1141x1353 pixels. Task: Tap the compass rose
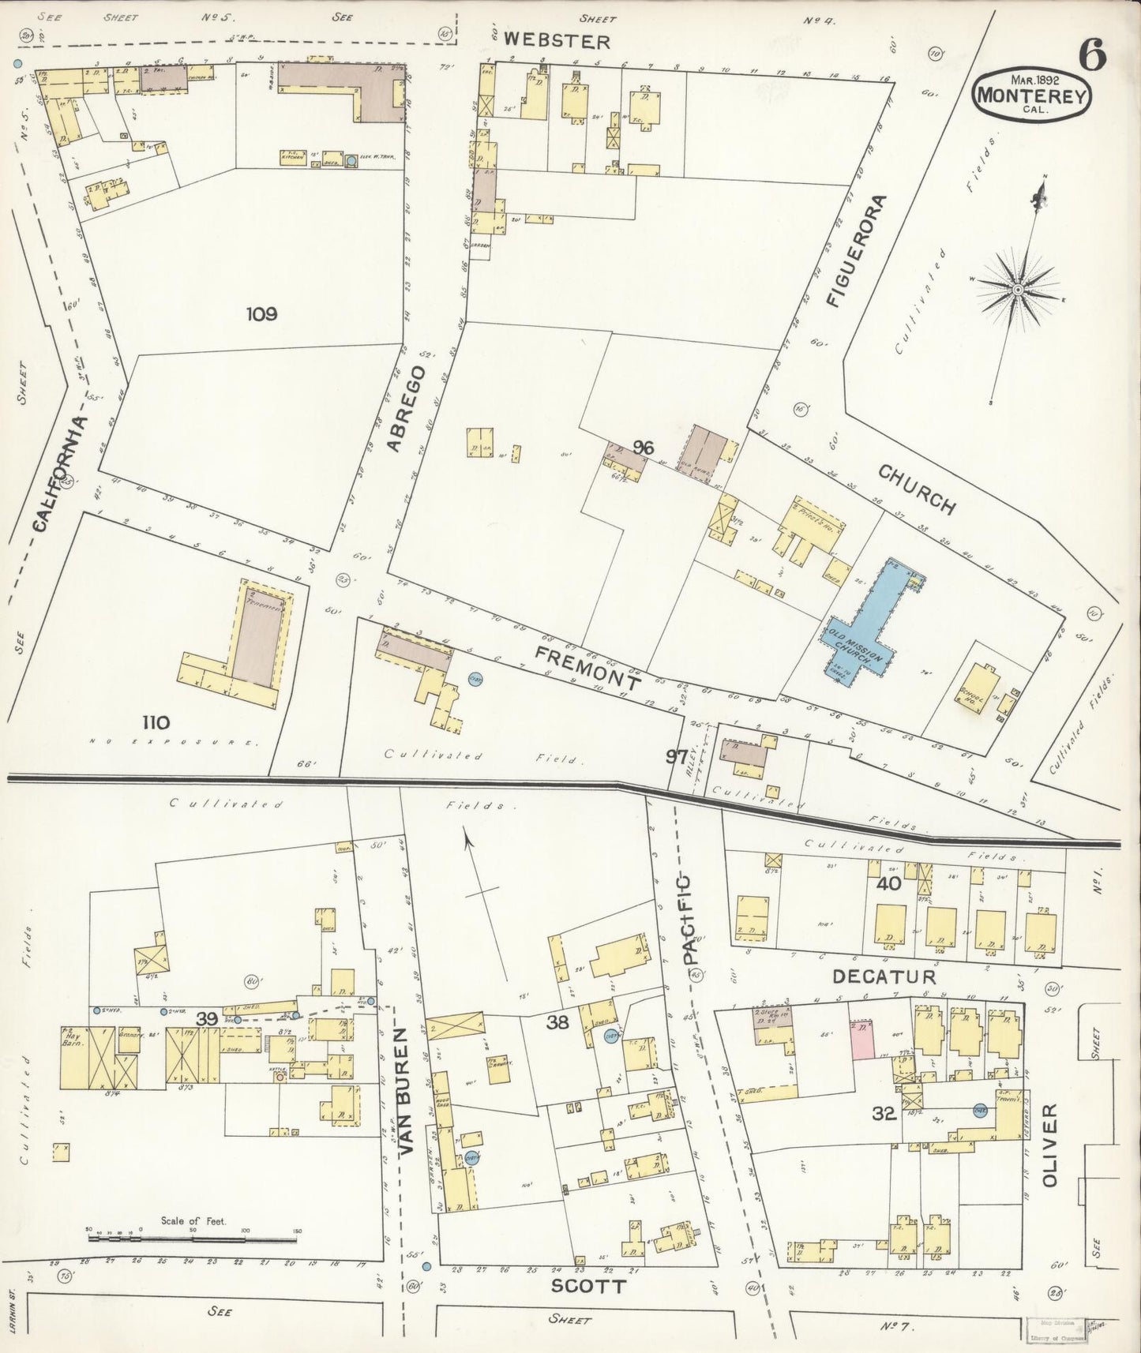click(1018, 290)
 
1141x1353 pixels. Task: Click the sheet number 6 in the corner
click(1092, 55)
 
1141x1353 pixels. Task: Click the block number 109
click(261, 314)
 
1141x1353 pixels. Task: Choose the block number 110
click(156, 721)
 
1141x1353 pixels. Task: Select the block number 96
click(643, 448)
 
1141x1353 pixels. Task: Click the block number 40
click(888, 884)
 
